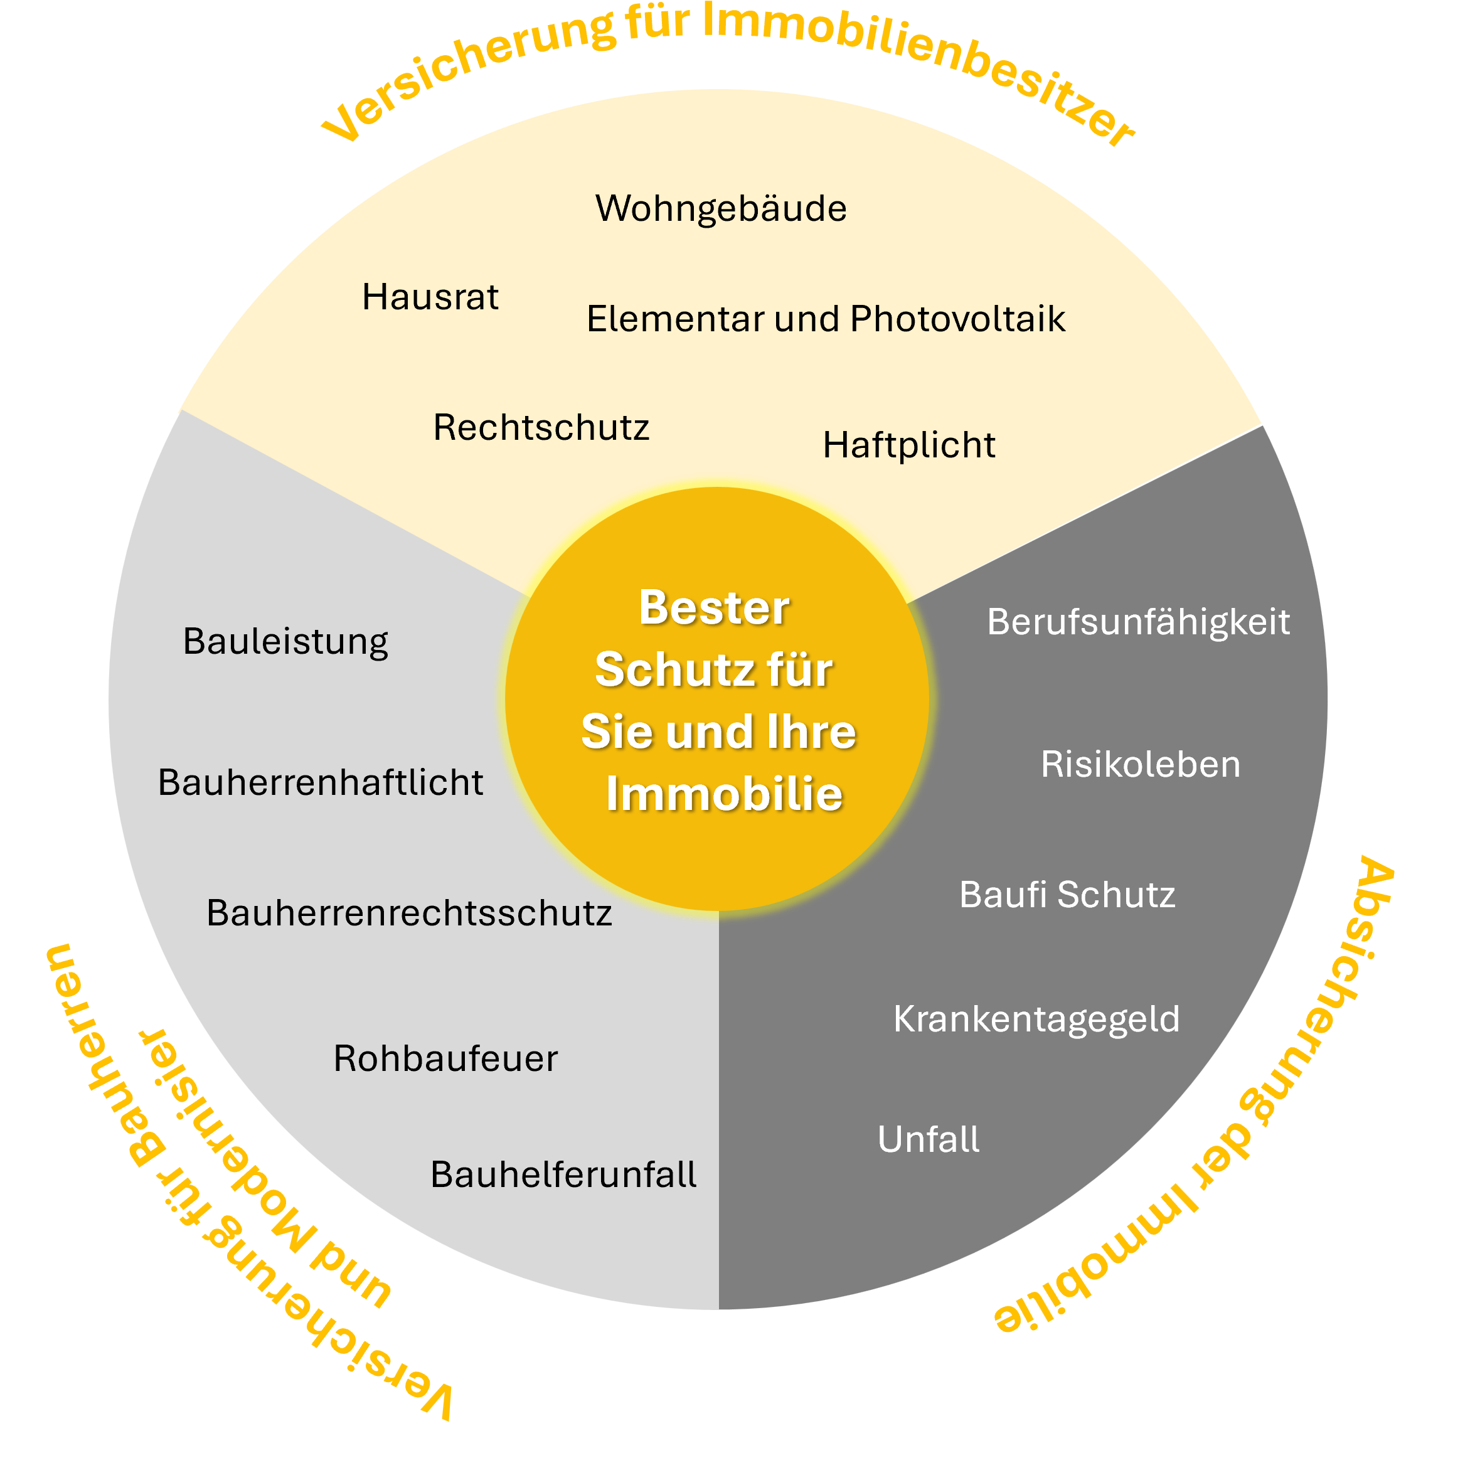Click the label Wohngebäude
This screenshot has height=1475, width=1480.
click(x=721, y=209)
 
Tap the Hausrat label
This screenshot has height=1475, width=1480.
click(x=430, y=297)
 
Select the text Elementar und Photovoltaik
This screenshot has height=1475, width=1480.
click(x=825, y=319)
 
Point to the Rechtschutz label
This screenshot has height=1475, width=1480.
click(x=541, y=427)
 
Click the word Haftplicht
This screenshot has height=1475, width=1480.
click(x=908, y=445)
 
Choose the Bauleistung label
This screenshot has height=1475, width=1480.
click(x=285, y=642)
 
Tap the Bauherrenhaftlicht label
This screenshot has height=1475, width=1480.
click(x=320, y=783)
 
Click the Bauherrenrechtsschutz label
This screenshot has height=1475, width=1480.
click(x=409, y=913)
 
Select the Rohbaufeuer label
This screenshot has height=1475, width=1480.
click(x=445, y=1059)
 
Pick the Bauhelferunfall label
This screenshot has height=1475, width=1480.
click(x=563, y=1174)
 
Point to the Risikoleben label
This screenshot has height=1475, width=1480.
click(x=1140, y=765)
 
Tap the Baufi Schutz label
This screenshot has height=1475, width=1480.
click(x=1067, y=895)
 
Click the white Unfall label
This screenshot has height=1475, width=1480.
click(x=928, y=1139)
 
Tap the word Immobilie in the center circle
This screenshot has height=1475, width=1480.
click(x=724, y=794)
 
